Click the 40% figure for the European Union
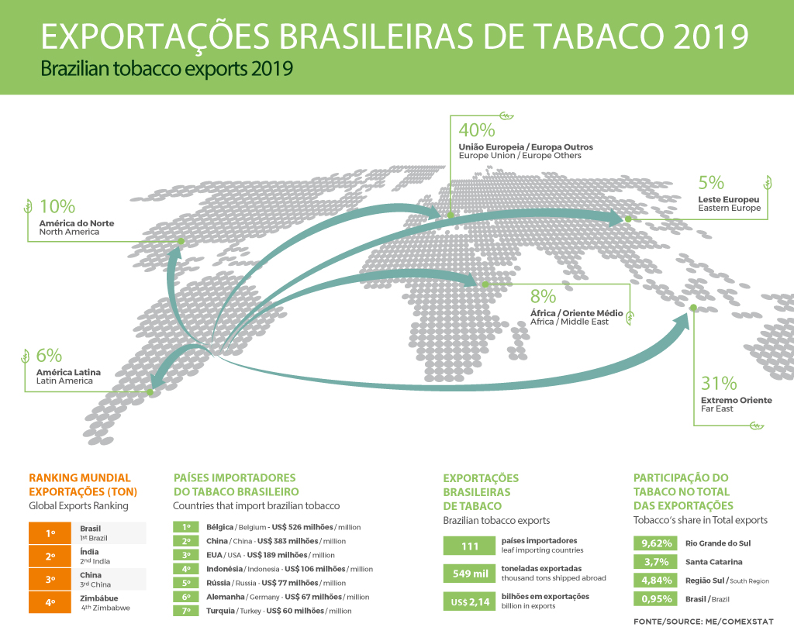tap(477, 130)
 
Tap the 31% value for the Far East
tap(718, 383)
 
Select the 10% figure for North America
tap(57, 207)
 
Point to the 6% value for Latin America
tap(48, 356)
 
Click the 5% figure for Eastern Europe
tap(711, 183)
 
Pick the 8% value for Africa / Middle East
tap(544, 296)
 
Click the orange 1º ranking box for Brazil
tap(50, 533)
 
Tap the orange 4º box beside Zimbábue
tap(50, 602)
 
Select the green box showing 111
tap(470, 546)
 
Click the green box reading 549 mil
tap(470, 574)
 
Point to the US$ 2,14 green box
tap(470, 601)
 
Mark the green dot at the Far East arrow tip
tap(693, 309)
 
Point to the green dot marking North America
tap(181, 242)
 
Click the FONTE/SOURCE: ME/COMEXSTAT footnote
tap(703, 622)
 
